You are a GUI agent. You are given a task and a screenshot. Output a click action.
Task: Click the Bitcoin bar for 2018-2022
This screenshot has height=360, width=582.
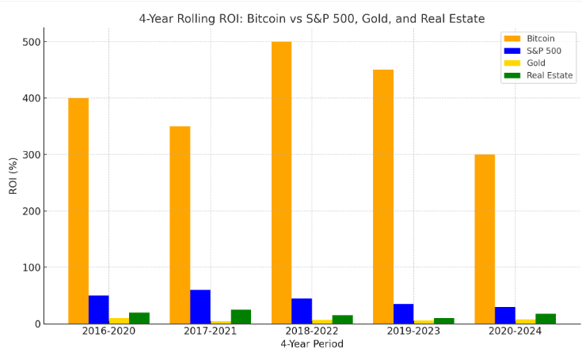click(x=281, y=182)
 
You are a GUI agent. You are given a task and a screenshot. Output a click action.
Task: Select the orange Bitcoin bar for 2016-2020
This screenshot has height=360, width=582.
click(x=78, y=210)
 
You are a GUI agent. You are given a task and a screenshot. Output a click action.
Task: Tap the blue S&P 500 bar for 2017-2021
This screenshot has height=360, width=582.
click(x=200, y=307)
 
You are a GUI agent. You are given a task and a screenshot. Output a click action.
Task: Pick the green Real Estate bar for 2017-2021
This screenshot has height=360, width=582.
click(x=241, y=316)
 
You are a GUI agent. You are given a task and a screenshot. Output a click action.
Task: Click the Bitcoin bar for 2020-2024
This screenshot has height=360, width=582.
click(x=485, y=239)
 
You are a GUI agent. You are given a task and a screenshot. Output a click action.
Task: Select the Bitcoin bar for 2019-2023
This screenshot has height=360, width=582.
click(x=383, y=196)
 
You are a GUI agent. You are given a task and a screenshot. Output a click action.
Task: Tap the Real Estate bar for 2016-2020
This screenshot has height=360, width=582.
click(x=139, y=318)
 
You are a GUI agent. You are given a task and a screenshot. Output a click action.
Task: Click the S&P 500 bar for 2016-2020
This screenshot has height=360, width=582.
click(x=99, y=309)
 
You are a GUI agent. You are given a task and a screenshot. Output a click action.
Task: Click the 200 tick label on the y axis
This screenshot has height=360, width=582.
click(x=34, y=211)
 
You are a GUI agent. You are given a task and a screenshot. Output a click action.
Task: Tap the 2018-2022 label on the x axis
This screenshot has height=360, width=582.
click(x=312, y=332)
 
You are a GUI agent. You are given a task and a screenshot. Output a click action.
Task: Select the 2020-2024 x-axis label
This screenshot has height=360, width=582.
click(x=515, y=332)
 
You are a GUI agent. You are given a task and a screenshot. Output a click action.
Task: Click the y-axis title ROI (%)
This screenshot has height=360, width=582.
click(x=13, y=175)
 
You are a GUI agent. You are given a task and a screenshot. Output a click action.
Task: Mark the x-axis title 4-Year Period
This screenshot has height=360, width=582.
click(x=312, y=345)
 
